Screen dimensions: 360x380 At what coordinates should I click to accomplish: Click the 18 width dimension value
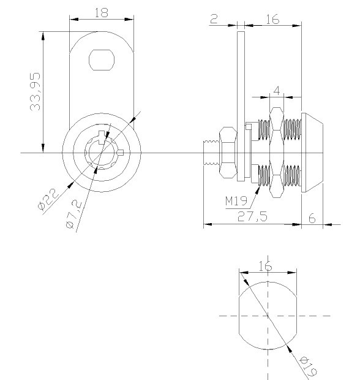point(101,13)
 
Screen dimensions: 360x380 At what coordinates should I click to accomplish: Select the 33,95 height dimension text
point(36,91)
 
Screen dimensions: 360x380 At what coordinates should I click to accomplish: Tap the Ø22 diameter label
point(48,199)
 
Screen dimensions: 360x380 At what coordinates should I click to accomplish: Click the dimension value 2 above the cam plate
point(214,19)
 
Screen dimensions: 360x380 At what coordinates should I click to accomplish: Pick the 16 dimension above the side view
point(272,20)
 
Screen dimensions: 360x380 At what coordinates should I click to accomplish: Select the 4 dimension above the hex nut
point(277,91)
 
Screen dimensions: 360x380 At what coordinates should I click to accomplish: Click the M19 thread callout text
point(236,201)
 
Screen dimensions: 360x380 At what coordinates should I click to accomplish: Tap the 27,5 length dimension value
point(252,216)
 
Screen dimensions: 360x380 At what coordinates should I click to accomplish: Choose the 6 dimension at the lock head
point(312,218)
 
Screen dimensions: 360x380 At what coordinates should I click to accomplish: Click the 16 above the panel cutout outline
point(266,266)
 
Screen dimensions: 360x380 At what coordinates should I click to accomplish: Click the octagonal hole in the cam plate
point(102,60)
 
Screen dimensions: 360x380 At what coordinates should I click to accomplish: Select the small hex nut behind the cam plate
point(228,153)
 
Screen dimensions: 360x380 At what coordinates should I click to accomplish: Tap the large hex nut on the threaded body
point(277,153)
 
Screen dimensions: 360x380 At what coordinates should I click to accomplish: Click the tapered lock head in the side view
point(312,153)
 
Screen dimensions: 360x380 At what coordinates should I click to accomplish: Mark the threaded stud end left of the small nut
point(211,153)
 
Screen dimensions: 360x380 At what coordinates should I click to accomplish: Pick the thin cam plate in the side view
point(241,106)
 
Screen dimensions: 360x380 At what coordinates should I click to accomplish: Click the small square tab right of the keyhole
point(121,153)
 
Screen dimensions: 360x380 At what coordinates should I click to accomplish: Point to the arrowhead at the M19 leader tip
point(257,190)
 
